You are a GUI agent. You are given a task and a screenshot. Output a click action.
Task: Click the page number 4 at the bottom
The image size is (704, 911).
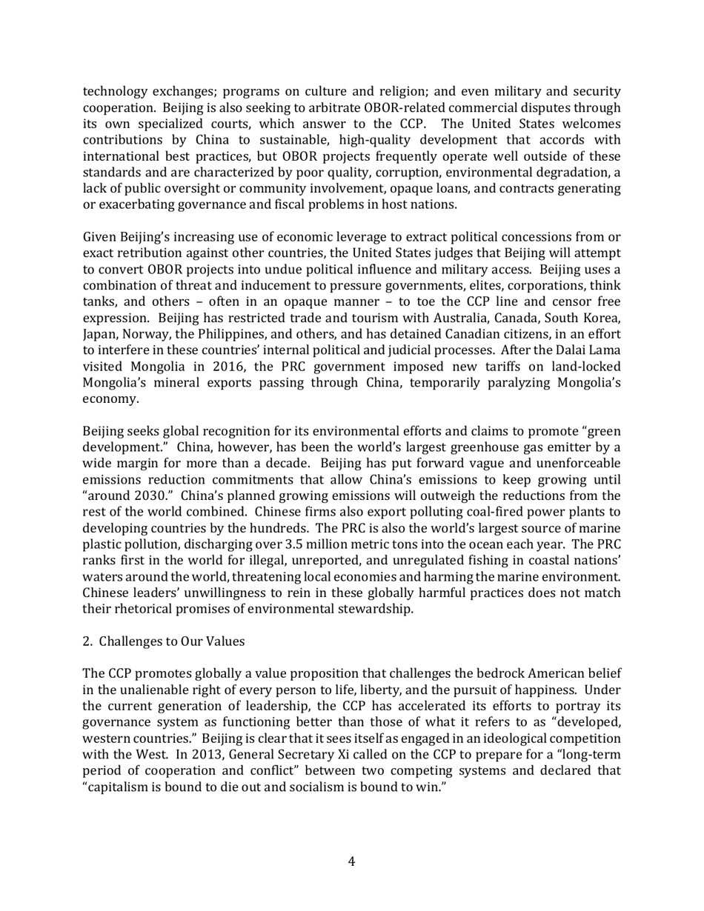351,861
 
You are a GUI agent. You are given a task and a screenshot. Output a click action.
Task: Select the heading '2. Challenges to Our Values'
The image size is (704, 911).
163,641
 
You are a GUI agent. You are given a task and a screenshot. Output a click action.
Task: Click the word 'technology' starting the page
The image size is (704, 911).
116,91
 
